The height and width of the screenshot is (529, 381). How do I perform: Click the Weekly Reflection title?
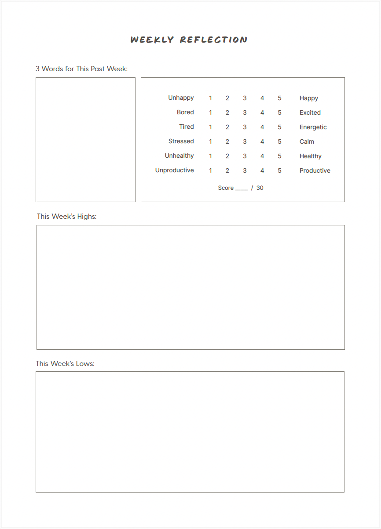coord(189,40)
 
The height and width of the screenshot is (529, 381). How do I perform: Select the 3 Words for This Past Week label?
coord(81,69)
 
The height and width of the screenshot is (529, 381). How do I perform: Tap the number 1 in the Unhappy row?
coord(210,98)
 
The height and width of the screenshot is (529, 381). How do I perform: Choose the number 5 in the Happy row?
coord(279,98)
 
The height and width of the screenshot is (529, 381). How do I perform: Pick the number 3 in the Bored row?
coord(245,112)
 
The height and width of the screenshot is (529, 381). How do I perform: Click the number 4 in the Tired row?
coord(262,127)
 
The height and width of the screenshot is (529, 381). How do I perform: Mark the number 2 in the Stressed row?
coord(227,141)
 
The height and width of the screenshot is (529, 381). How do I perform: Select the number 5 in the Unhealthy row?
coord(279,156)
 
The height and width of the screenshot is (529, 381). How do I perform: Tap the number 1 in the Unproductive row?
coord(210,170)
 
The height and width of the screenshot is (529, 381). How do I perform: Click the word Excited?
coord(310,112)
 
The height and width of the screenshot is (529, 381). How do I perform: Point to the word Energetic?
coord(313,127)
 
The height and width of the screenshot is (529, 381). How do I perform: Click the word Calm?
coord(307,141)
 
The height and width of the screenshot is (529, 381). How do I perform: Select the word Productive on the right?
coord(315,170)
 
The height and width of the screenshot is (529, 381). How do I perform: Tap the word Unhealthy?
coord(180,156)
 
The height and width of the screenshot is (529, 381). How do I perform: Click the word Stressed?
coord(181,141)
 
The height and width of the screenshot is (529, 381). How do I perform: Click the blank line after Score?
coord(242,189)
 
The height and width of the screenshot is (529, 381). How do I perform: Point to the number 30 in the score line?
coord(260,188)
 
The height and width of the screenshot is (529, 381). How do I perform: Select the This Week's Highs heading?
coord(67,216)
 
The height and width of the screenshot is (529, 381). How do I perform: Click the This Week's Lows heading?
coord(65,363)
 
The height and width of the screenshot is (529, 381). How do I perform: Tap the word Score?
coord(226,188)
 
